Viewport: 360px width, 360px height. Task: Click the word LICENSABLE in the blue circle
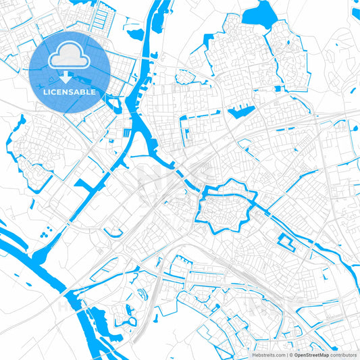70,91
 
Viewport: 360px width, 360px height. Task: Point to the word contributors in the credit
343,354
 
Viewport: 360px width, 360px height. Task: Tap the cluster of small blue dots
46,234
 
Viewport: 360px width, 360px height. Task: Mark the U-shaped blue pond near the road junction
143,294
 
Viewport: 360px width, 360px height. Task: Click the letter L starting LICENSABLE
45,91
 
